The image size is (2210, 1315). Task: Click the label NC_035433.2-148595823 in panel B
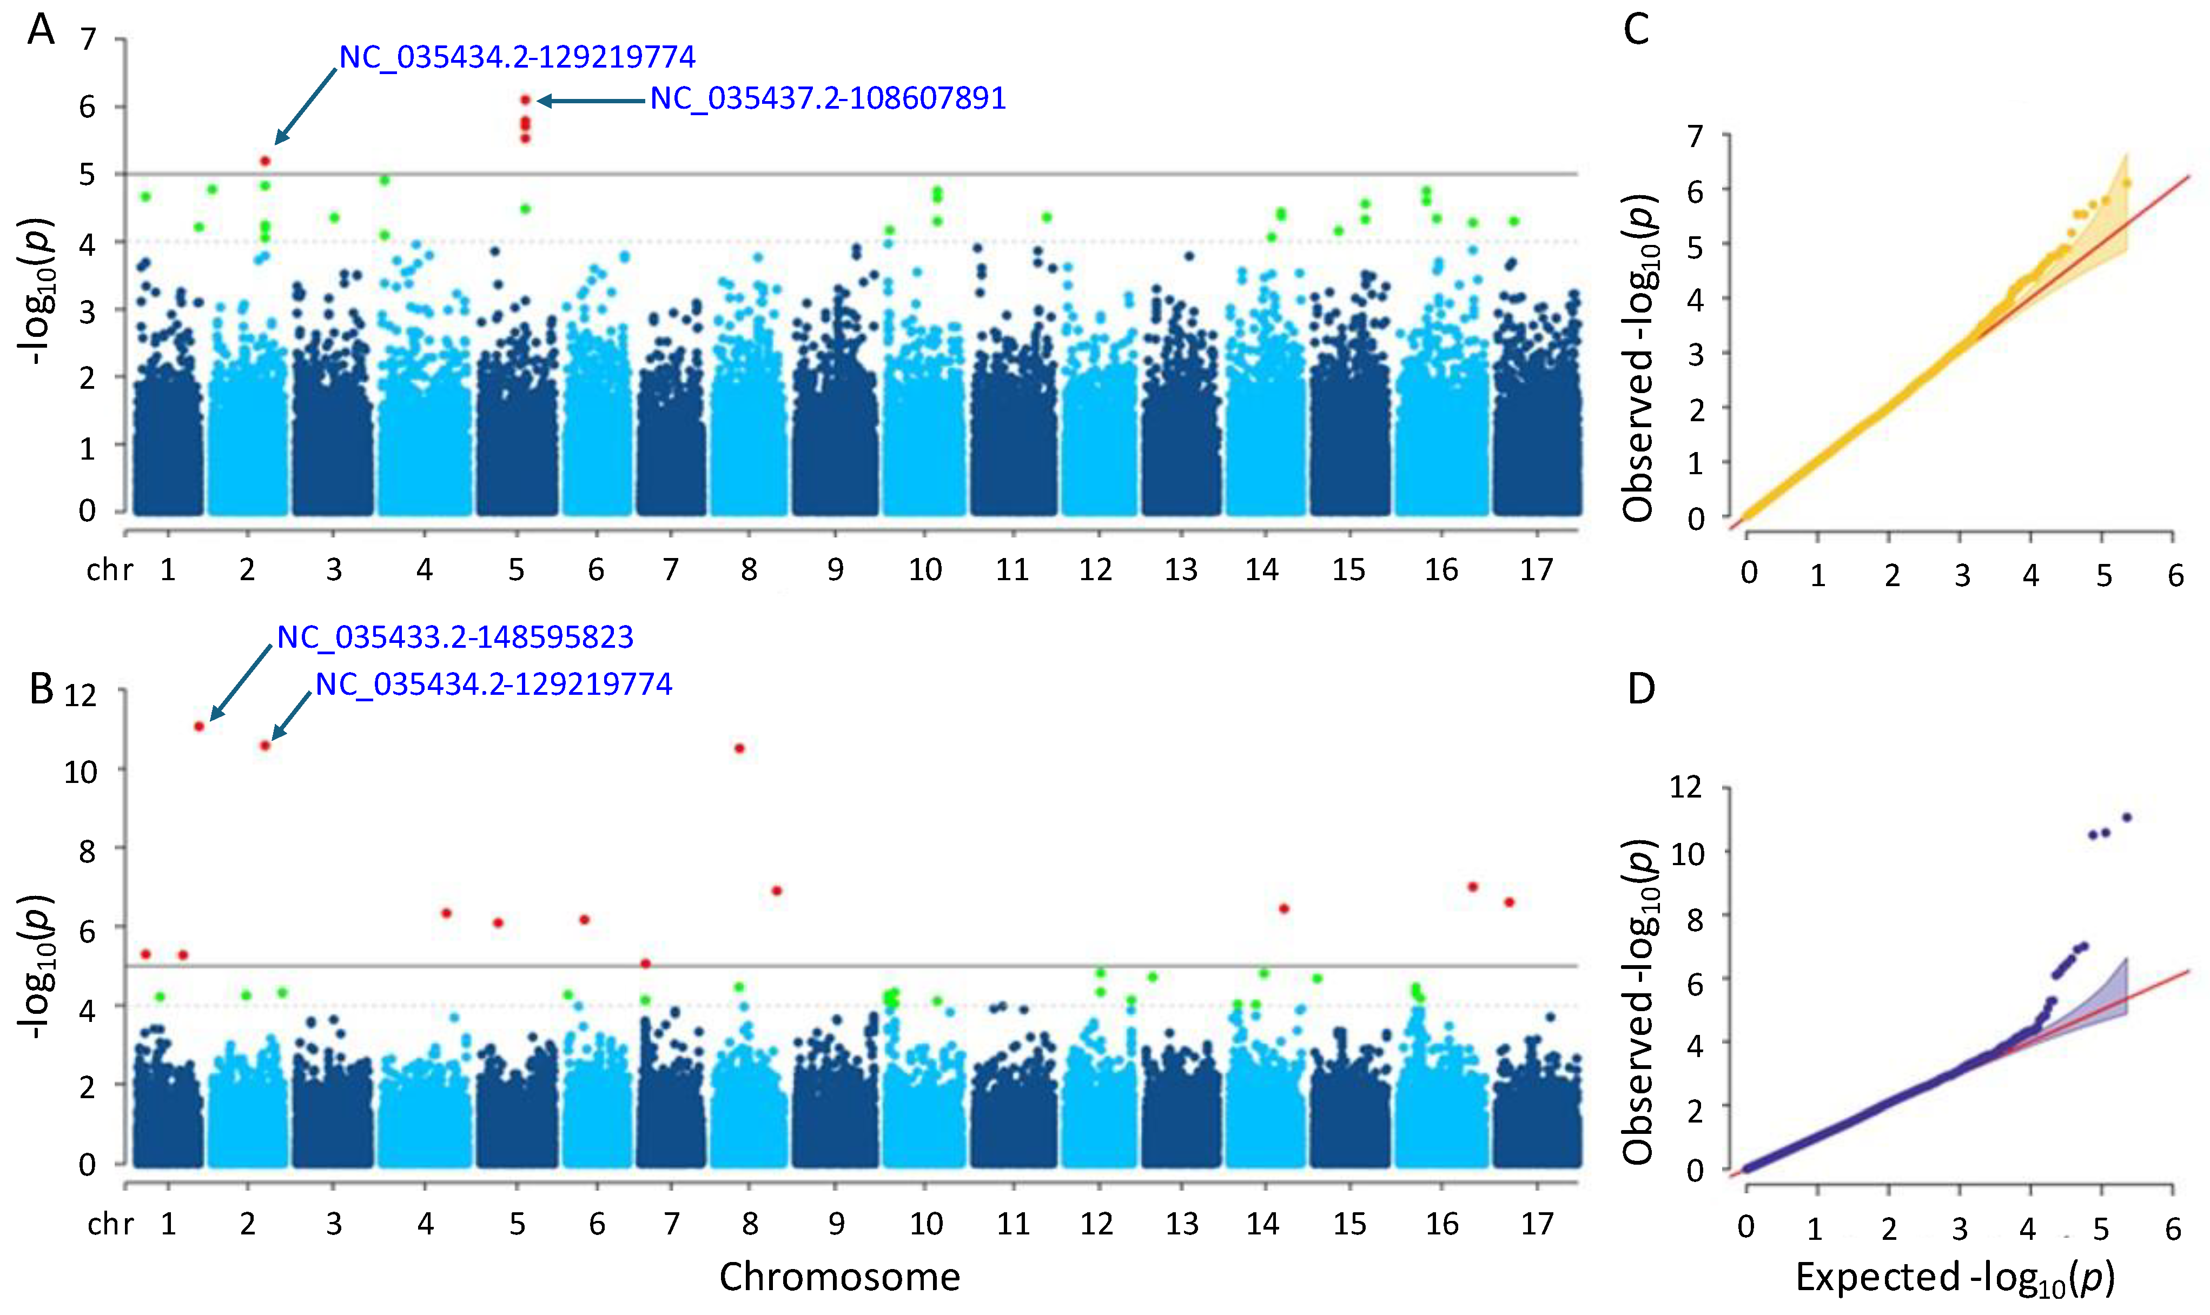[454, 637]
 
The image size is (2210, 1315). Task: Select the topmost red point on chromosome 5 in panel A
[526, 100]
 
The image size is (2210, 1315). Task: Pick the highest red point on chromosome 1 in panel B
[200, 727]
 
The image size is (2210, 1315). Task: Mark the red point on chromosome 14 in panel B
[1284, 908]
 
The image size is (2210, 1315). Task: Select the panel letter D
[1641, 688]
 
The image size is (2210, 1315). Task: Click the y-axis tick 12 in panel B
[80, 695]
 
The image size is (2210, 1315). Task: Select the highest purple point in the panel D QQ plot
[2126, 817]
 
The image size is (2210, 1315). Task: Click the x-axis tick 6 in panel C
[2175, 576]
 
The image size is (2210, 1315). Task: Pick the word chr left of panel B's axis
[110, 1224]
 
